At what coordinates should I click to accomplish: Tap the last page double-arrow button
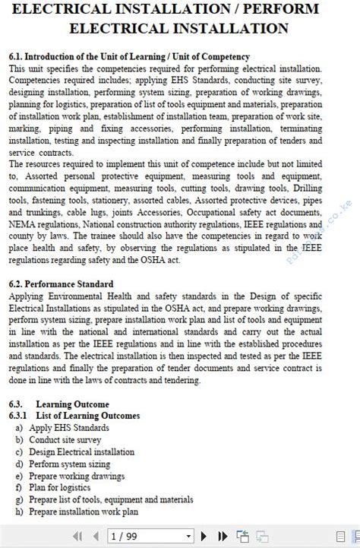(x=224, y=536)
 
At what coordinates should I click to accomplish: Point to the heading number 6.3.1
(x=19, y=416)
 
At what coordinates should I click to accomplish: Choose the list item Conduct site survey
(x=65, y=440)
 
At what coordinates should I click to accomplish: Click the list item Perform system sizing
(x=69, y=464)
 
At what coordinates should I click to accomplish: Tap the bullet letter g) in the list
(x=19, y=499)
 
